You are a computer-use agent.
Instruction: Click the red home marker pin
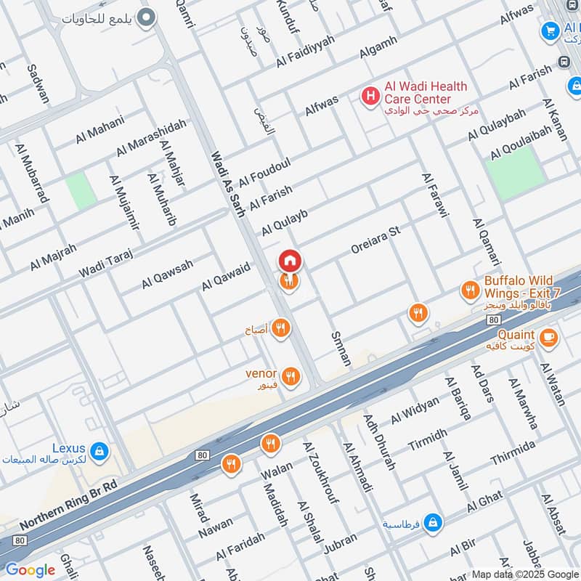[290, 260]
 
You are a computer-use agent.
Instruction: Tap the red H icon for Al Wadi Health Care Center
[371, 94]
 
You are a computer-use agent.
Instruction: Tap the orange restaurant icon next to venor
[290, 376]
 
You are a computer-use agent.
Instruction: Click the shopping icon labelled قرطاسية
[433, 522]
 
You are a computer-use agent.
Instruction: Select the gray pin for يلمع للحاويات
[147, 17]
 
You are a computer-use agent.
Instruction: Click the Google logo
[30, 570]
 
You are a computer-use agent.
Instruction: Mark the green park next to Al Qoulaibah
[514, 174]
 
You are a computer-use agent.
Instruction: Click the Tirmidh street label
[428, 439]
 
